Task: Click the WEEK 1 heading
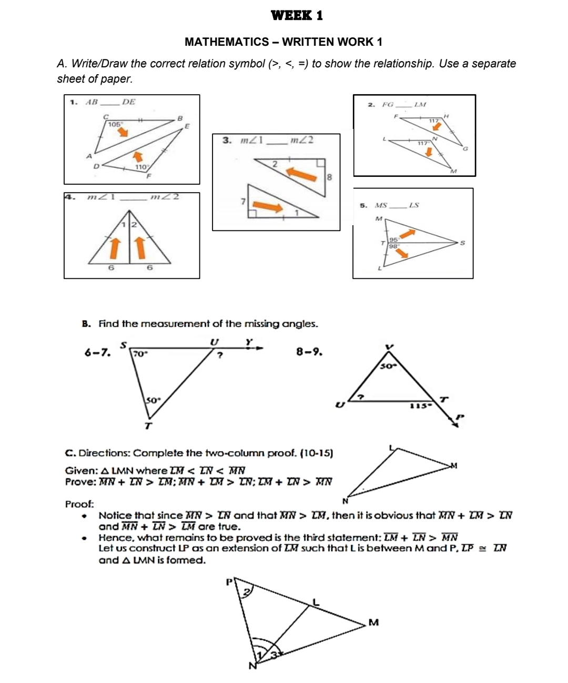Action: (297, 15)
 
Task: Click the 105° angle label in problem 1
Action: (114, 124)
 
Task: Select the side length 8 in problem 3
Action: (329, 177)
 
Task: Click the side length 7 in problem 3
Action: (242, 201)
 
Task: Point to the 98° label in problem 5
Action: (393, 246)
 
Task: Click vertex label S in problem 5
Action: (462, 243)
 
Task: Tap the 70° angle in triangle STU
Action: (140, 354)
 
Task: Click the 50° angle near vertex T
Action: (152, 400)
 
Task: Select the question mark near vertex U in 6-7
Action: (220, 356)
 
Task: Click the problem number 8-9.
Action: (309, 351)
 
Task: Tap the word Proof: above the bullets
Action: (79, 504)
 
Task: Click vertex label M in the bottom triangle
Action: (373, 622)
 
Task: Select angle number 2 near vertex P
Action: (245, 593)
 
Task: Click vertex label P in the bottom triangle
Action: (229, 582)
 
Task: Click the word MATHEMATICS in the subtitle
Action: (227, 42)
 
